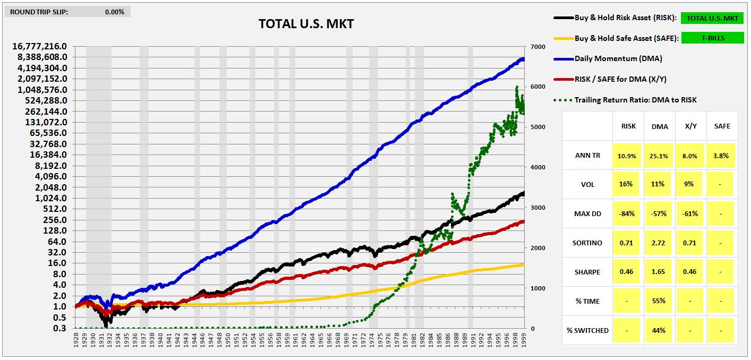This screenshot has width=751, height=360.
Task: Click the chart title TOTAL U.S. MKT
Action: click(306, 24)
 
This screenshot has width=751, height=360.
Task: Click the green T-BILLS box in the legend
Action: click(712, 38)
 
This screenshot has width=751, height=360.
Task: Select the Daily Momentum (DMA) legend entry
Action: click(618, 58)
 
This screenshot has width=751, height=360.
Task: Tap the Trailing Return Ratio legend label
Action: click(635, 99)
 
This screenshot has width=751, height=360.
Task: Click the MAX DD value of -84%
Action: click(628, 213)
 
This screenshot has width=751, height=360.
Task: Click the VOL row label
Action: click(587, 185)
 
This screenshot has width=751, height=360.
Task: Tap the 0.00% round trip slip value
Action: click(114, 12)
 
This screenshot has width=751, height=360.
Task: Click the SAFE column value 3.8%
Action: click(721, 156)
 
